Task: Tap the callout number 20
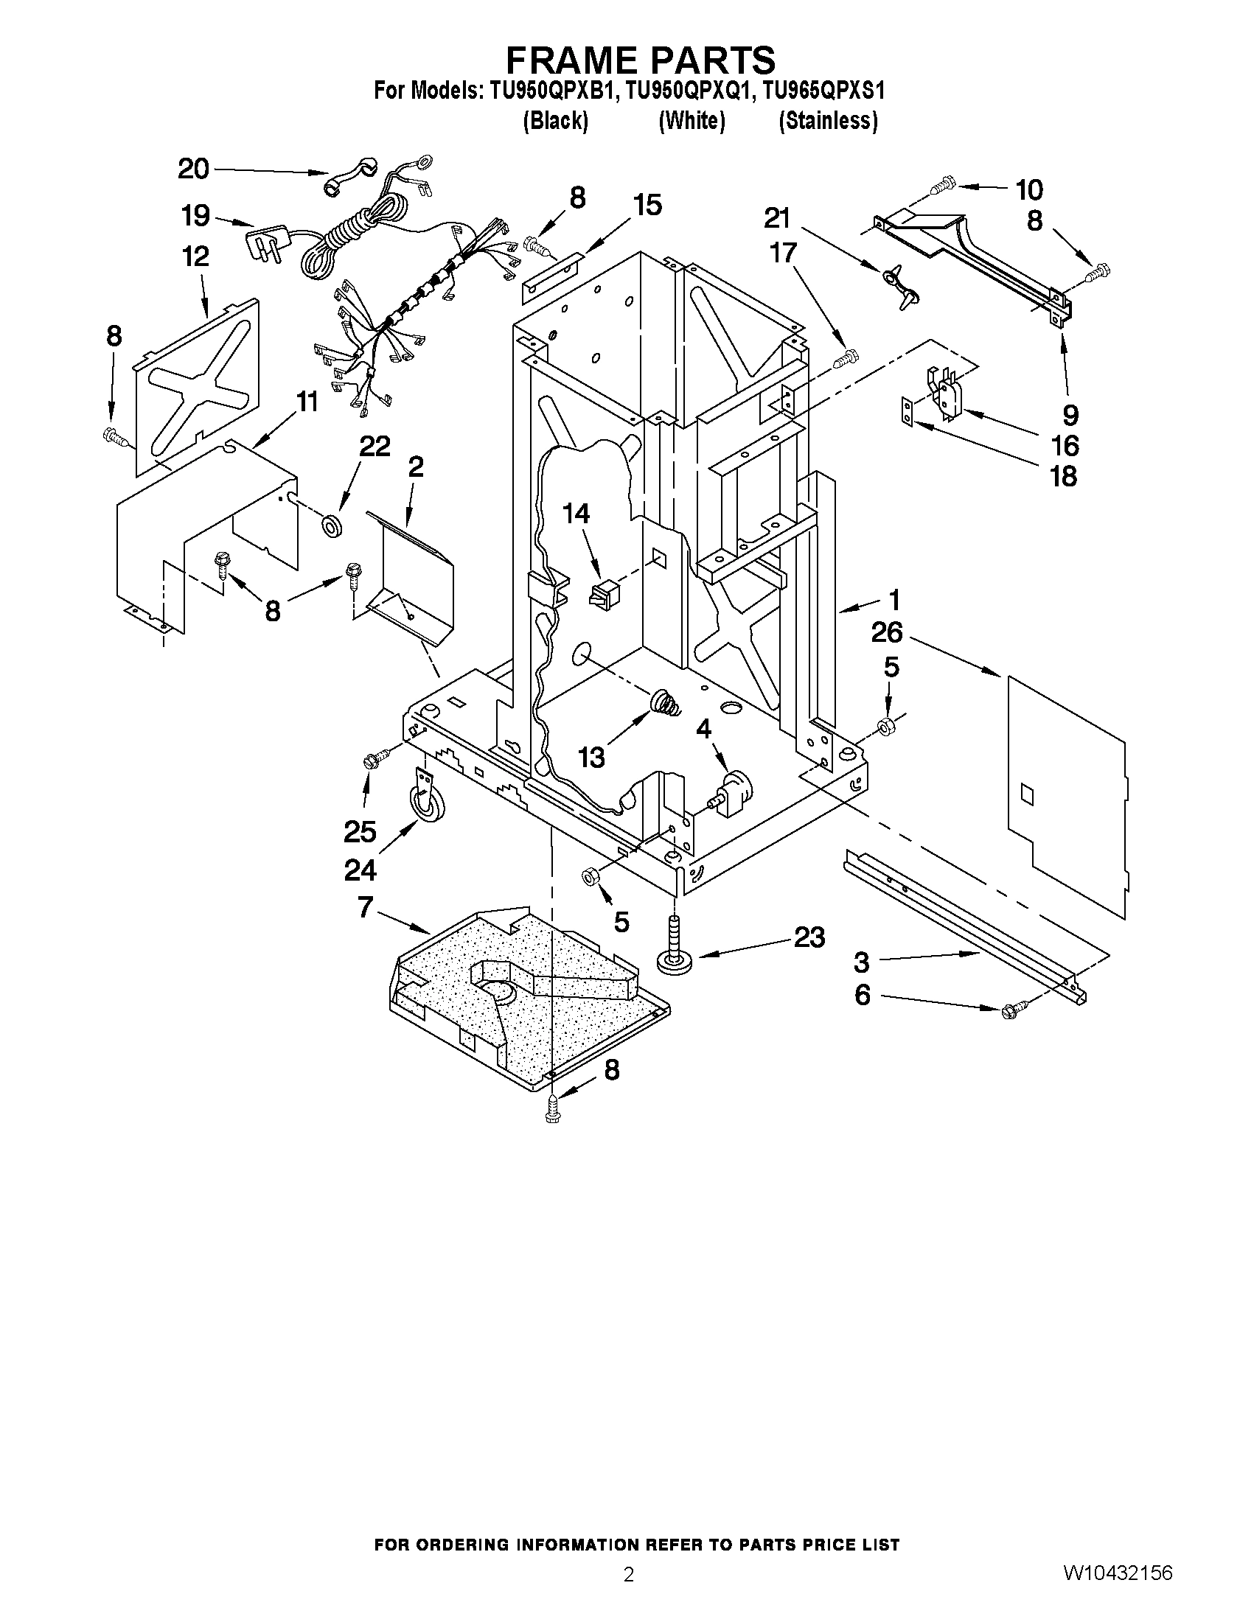(193, 169)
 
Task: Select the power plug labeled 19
(261, 242)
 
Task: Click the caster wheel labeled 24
(425, 804)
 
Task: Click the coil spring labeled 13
(666, 702)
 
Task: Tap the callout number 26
(886, 633)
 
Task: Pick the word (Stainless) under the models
(828, 120)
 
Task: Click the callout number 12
(195, 257)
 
